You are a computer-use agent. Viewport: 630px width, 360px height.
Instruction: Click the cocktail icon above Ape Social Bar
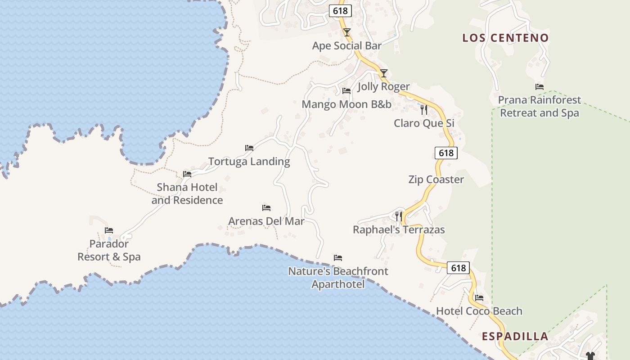tap(347, 32)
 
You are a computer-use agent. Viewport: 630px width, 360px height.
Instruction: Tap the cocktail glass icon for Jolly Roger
tap(383, 73)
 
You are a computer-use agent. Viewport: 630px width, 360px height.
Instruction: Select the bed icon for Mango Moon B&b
tap(346, 91)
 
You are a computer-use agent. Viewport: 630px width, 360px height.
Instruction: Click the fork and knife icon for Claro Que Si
tap(424, 109)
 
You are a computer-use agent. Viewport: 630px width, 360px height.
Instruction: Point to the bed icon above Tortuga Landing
tap(249, 148)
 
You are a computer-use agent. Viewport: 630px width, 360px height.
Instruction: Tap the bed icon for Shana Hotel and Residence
tap(187, 174)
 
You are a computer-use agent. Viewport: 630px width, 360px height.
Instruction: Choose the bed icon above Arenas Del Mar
tap(266, 208)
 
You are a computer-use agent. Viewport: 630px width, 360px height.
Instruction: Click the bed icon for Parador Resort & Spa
tap(109, 230)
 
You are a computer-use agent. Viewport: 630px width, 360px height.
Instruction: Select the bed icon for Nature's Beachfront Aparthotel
tap(338, 258)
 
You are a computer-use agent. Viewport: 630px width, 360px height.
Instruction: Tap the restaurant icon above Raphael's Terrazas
tap(399, 216)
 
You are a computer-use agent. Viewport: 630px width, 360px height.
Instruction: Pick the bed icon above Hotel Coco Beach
tap(479, 298)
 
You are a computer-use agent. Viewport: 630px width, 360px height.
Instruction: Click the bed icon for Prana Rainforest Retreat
tap(540, 87)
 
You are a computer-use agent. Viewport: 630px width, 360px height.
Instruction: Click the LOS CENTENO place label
tap(506, 38)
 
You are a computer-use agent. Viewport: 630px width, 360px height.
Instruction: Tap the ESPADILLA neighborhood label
tap(515, 336)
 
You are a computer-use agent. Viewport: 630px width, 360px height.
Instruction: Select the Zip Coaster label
tap(436, 180)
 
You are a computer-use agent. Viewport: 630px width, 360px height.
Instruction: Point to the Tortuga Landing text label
tap(249, 161)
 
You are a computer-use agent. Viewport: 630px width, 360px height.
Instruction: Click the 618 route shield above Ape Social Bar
tap(340, 11)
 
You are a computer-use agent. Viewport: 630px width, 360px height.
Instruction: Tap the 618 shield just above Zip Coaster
tap(446, 153)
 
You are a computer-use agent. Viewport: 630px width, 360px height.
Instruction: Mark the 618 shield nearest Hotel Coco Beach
tap(458, 268)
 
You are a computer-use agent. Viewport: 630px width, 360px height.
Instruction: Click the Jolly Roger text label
tap(383, 86)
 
